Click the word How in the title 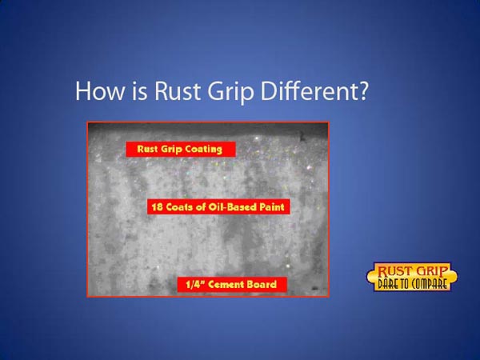coord(100,91)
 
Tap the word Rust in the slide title coord(178,91)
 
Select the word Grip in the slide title coord(230,93)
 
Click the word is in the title coord(139,91)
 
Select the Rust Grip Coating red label coord(181,149)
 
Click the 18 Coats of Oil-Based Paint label coord(218,207)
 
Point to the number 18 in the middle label coord(157,207)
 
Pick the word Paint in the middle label coord(272,207)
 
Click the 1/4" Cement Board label coord(232,285)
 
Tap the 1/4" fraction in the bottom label coord(195,285)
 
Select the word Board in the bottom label coord(262,285)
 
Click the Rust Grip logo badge coord(412,277)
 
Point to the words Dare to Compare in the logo coord(412,284)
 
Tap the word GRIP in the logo coord(432,271)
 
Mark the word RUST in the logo coord(394,271)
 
